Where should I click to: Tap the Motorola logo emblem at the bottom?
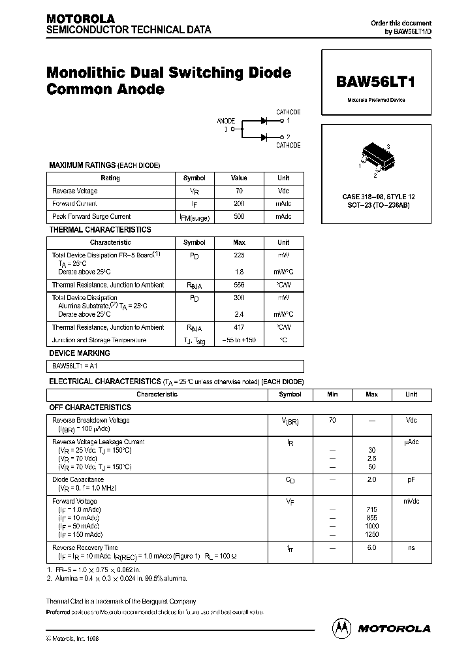[x=341, y=628]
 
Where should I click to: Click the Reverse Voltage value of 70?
[x=239, y=191]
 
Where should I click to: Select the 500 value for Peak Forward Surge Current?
[x=239, y=216]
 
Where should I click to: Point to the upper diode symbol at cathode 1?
[x=265, y=120]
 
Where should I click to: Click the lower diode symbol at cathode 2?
[x=265, y=137]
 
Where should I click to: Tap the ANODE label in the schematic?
[x=226, y=121]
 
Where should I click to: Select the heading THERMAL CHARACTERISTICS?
[x=100, y=230]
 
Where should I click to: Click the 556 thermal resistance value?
[x=239, y=285]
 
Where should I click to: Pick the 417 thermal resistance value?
[x=239, y=327]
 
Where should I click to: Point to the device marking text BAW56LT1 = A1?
[x=72, y=366]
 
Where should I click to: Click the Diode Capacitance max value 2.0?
[x=371, y=479]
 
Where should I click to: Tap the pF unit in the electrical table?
[x=411, y=479]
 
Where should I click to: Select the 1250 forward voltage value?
[x=371, y=534]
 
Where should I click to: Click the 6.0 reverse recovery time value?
[x=371, y=547]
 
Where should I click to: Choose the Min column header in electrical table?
[x=332, y=395]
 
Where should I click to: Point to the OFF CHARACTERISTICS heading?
[x=90, y=407]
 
